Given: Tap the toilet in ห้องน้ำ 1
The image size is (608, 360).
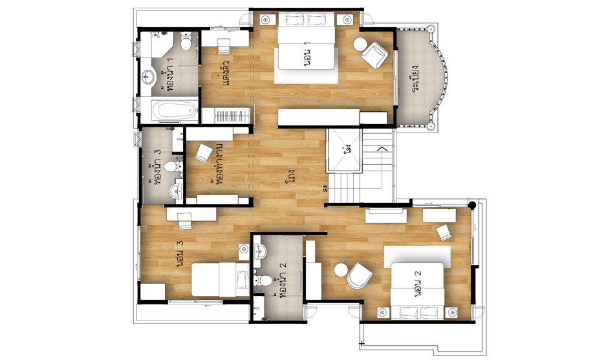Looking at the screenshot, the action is tap(186, 42).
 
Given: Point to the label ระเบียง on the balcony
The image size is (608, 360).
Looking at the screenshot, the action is tap(417, 78).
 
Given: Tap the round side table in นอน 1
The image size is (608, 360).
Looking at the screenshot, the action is tap(360, 44).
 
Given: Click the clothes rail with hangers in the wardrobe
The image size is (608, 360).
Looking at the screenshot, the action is tap(232, 116).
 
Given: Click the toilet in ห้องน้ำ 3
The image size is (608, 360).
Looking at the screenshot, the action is tap(173, 167).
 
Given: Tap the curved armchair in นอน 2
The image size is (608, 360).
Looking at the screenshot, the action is tap(360, 275).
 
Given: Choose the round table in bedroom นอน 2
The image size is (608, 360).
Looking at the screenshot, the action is tap(341, 270).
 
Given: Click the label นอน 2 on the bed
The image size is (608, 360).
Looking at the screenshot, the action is tap(418, 284).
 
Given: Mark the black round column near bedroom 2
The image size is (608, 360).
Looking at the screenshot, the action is tap(472, 206).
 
